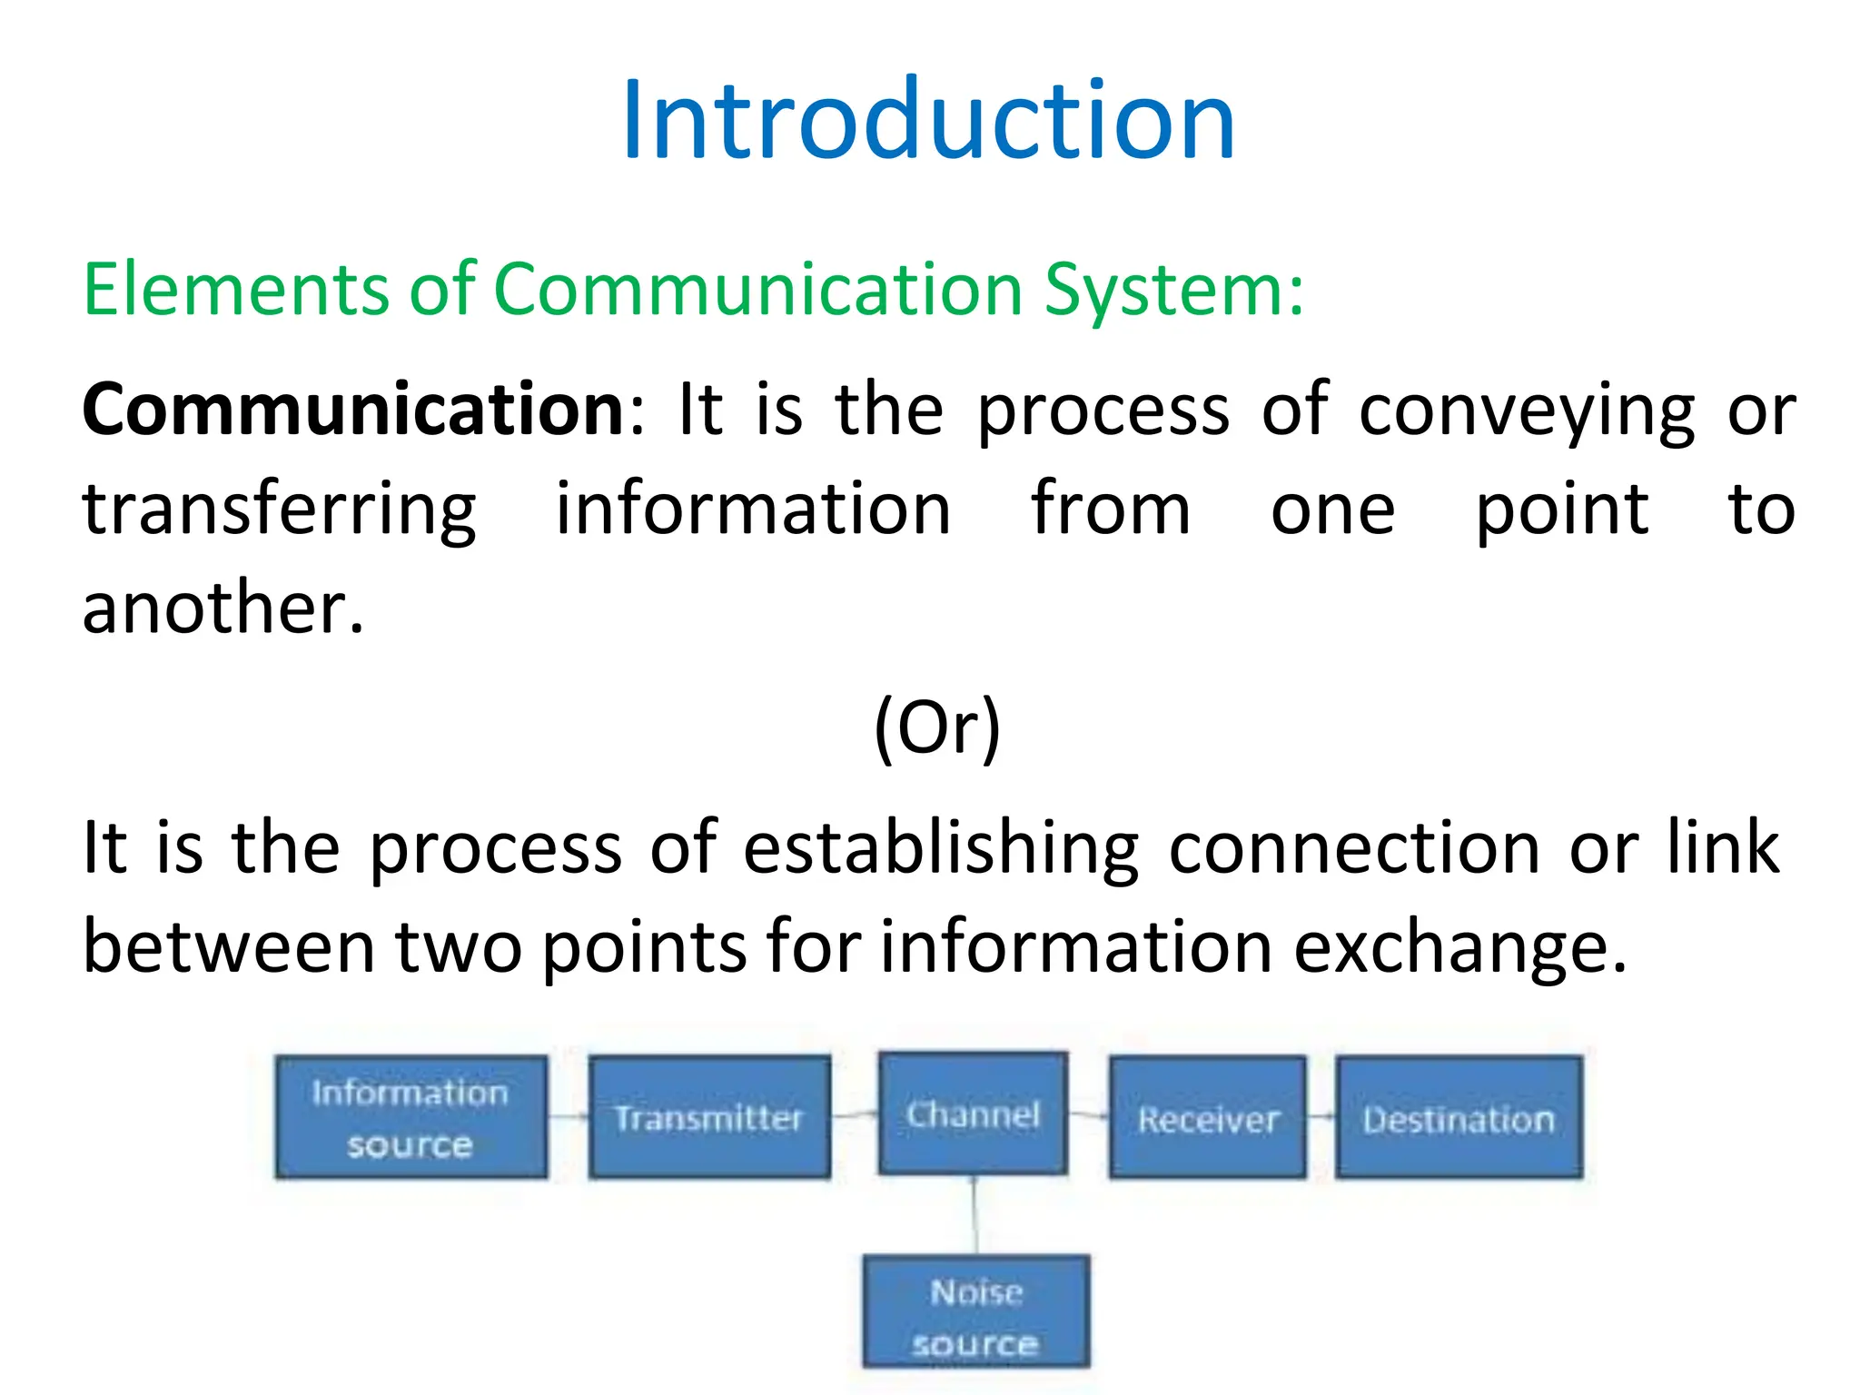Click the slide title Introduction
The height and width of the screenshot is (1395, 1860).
[928, 121]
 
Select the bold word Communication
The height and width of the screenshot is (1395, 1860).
[352, 410]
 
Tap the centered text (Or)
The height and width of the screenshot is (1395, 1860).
[936, 727]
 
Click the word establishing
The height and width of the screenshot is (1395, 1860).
[941, 848]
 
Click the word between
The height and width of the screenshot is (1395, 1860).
[228, 946]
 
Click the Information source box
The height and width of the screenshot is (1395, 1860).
[411, 1117]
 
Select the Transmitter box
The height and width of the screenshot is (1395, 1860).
[709, 1117]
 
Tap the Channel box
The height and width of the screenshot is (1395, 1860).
[973, 1113]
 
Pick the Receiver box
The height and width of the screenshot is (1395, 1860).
[1208, 1117]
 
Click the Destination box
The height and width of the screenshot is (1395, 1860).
[1459, 1117]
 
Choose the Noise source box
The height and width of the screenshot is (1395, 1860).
[976, 1311]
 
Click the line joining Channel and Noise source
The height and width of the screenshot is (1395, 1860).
[975, 1215]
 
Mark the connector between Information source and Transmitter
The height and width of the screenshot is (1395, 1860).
[569, 1117]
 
